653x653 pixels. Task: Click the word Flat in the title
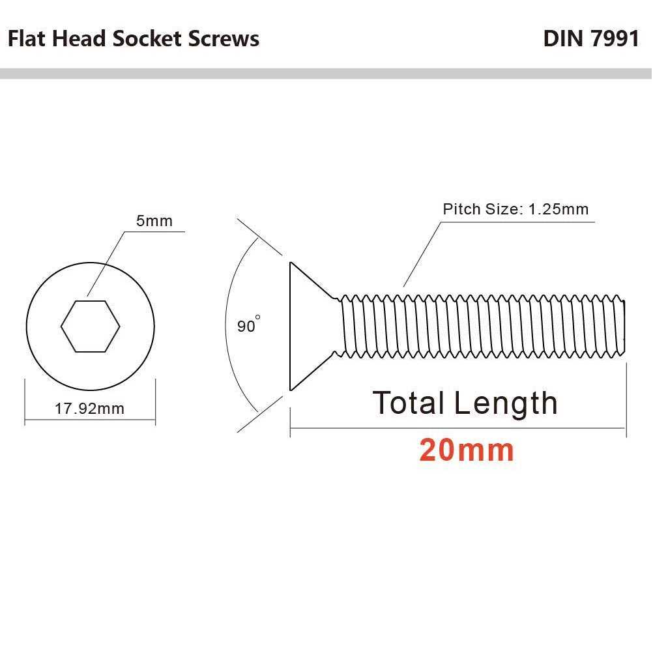pyautogui.click(x=27, y=38)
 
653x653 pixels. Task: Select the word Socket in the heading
pyautogui.click(x=147, y=38)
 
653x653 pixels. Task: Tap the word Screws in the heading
pyautogui.click(x=224, y=38)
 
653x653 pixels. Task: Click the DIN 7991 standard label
pyautogui.click(x=591, y=38)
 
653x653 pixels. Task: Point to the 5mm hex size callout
pyautogui.click(x=154, y=221)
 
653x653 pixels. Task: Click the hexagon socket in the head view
pyautogui.click(x=91, y=326)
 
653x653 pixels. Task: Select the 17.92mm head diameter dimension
pyautogui.click(x=89, y=409)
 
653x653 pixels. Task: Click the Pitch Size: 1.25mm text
pyautogui.click(x=515, y=209)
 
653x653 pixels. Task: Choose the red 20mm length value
pyautogui.click(x=467, y=450)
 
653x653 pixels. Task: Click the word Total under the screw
pyautogui.click(x=408, y=403)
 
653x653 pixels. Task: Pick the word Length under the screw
pyautogui.click(x=506, y=403)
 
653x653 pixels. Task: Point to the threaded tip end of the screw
pyautogui.click(x=624, y=326)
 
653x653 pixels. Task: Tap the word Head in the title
pyautogui.click(x=79, y=38)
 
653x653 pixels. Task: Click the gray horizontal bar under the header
pyautogui.click(x=326, y=74)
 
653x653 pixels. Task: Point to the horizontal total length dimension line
pyautogui.click(x=458, y=428)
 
